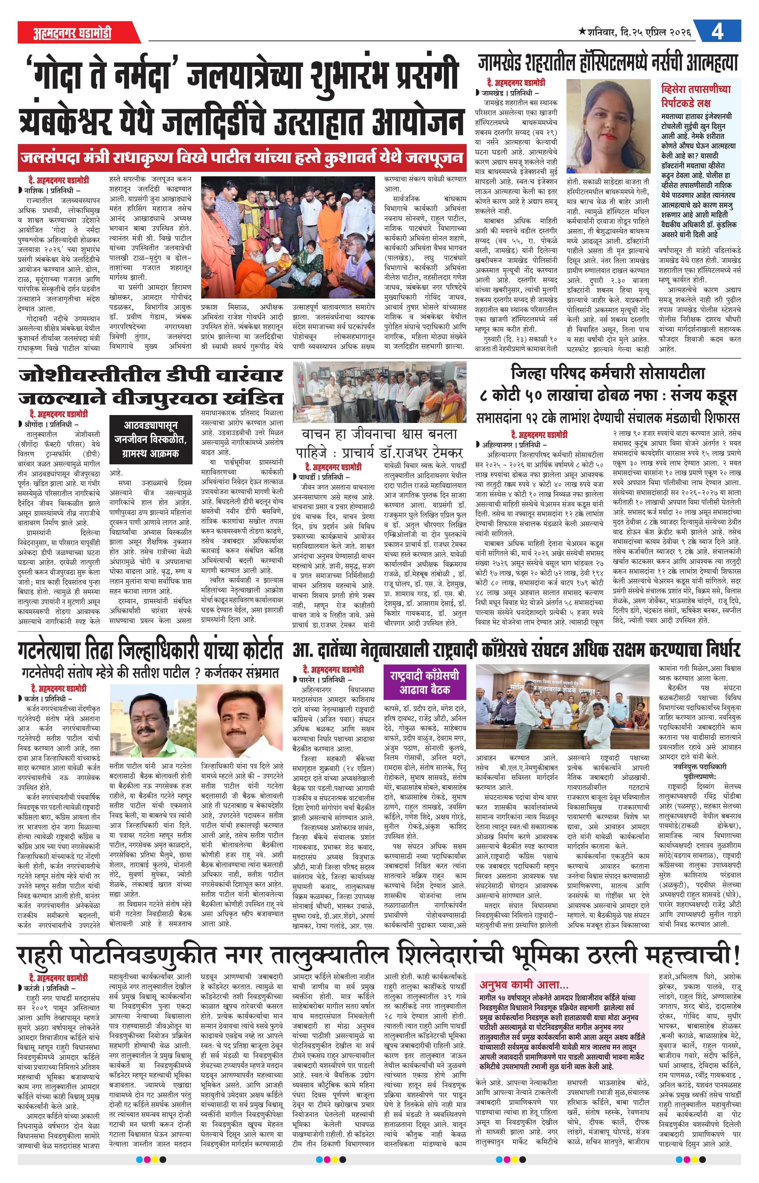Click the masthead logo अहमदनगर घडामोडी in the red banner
click(72, 33)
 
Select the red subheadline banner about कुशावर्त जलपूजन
click(242, 158)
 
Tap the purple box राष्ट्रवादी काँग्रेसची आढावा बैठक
click(424, 682)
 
